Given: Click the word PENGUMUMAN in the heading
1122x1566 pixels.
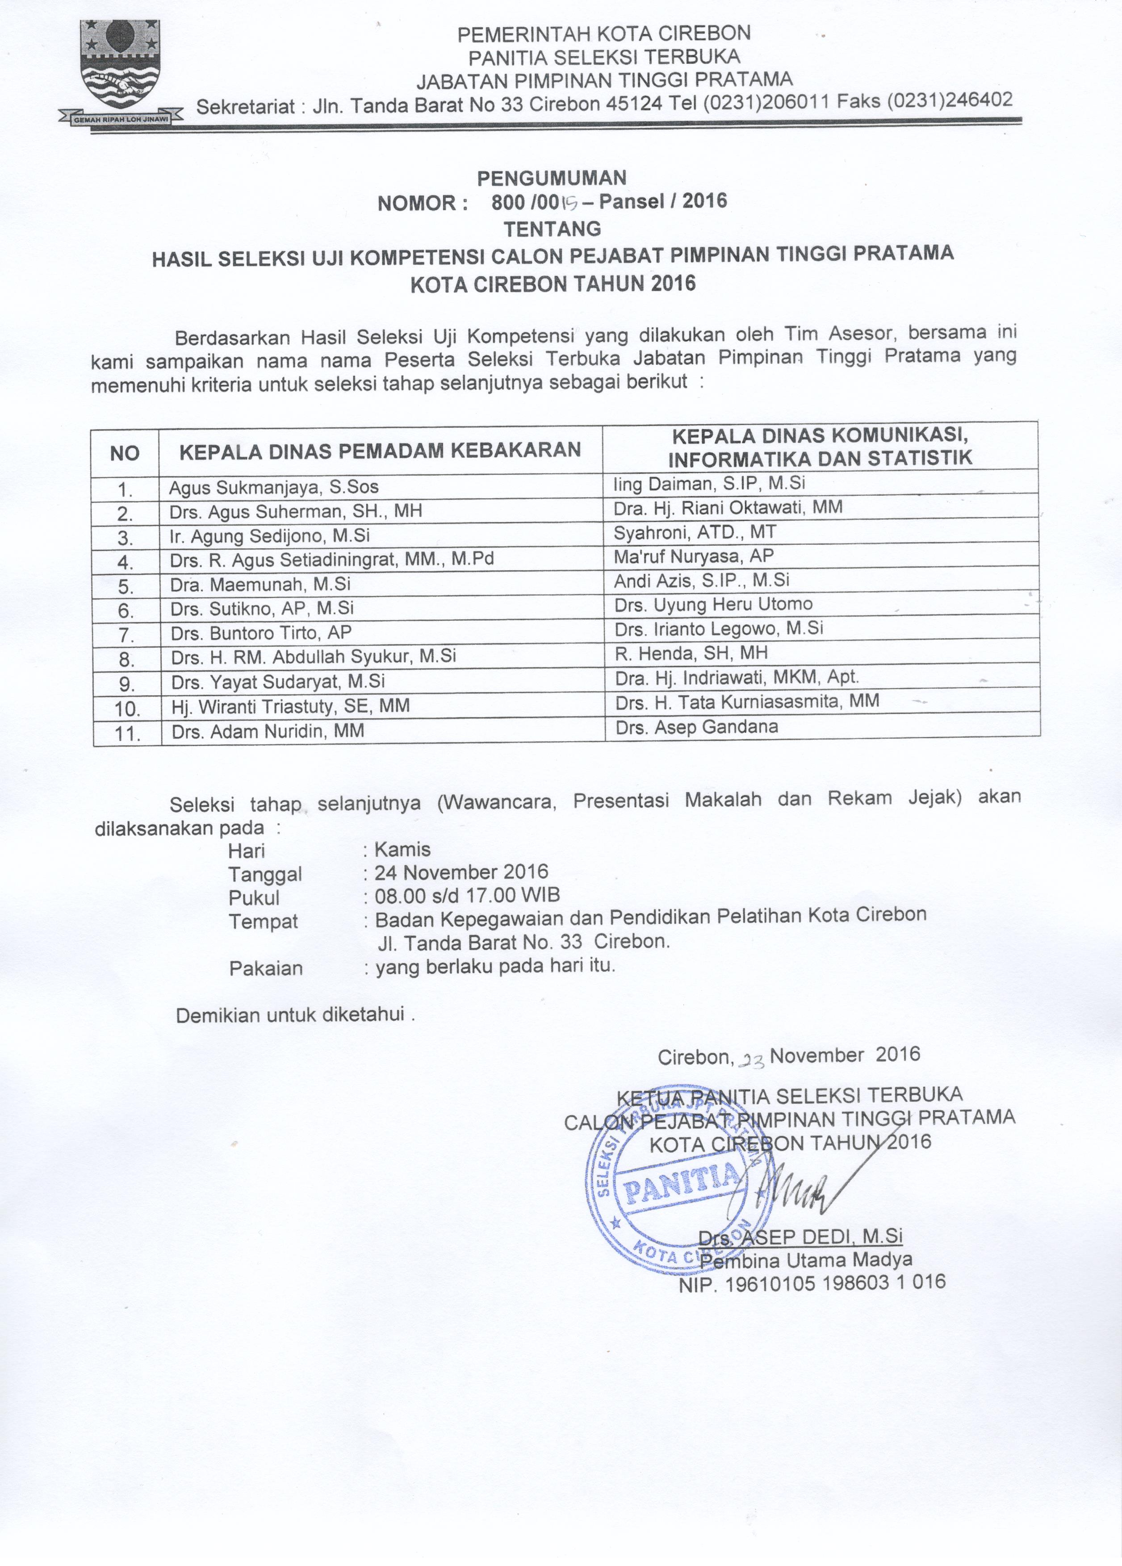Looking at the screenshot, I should (552, 178).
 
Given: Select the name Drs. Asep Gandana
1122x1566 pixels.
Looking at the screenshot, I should (697, 727).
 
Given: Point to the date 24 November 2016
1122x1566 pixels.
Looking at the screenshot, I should (461, 873).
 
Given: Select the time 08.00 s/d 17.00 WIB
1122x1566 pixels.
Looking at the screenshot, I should (467, 896).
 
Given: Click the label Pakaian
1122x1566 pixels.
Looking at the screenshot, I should (266, 968).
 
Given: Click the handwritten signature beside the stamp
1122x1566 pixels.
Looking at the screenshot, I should (801, 1184).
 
